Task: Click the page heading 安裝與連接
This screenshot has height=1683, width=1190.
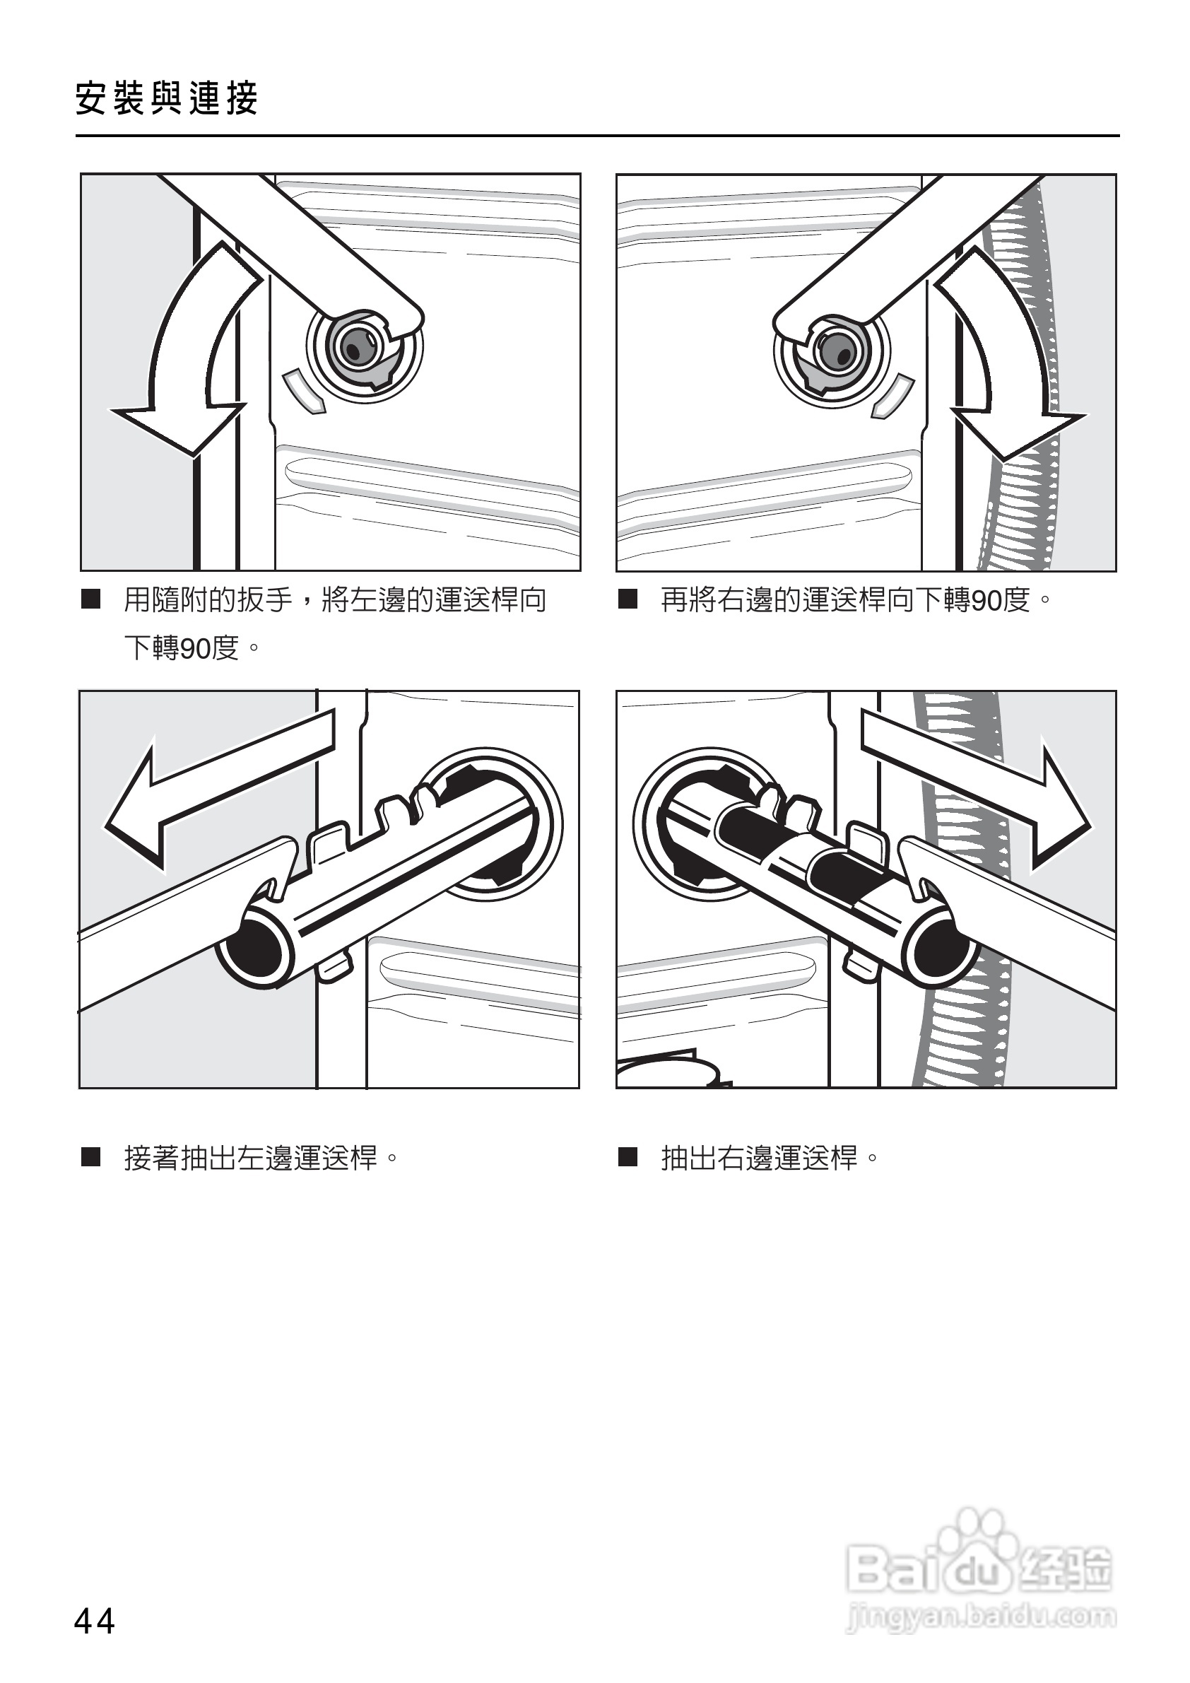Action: pyautogui.click(x=166, y=98)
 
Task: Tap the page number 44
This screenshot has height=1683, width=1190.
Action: pyautogui.click(x=95, y=1621)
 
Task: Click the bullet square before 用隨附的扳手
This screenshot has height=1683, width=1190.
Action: pyautogui.click(x=91, y=599)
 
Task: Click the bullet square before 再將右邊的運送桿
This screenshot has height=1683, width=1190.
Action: pyautogui.click(x=628, y=599)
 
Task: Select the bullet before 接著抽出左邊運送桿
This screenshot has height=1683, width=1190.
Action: pyautogui.click(x=91, y=1158)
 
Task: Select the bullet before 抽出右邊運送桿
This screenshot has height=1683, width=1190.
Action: pyautogui.click(x=628, y=1158)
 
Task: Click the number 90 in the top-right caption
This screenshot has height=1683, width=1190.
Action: pyautogui.click(x=986, y=601)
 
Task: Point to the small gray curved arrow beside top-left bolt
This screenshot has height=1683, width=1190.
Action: pyautogui.click(x=303, y=390)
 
